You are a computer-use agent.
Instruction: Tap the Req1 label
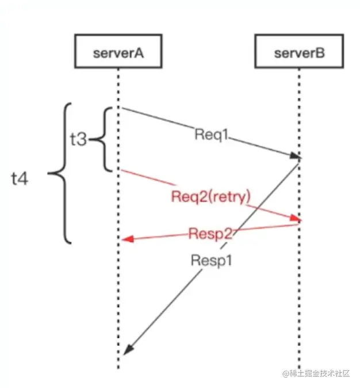coord(212,135)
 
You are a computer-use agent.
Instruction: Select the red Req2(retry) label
coord(211,197)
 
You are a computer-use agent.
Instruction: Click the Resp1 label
coord(211,260)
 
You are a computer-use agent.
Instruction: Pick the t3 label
coord(78,139)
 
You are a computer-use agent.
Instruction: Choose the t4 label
coord(21,178)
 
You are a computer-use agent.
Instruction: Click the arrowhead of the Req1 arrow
coord(296,157)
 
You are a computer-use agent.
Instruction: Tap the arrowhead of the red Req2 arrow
coord(297,218)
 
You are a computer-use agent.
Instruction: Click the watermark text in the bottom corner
coord(316,373)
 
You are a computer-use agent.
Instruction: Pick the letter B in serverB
coord(319,54)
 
